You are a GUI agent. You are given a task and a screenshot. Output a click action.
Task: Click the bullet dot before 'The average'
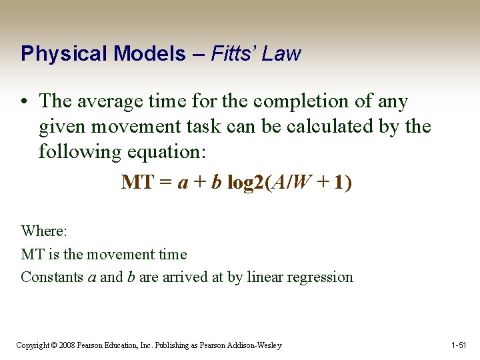25,102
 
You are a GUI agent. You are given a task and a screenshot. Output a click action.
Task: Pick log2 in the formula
245,182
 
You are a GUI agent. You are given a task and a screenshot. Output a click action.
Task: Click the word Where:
43,231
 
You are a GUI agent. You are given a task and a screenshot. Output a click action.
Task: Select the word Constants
53,277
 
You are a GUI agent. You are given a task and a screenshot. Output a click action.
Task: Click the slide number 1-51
459,345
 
